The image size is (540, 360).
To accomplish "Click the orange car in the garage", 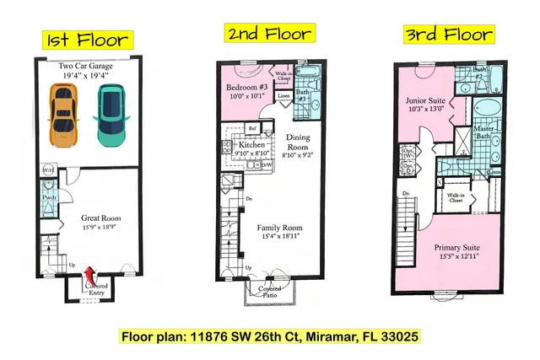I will pos(62,116).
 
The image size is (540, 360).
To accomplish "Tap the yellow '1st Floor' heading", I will pos(86,40).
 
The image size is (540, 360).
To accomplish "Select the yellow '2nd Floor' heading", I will pos(268,34).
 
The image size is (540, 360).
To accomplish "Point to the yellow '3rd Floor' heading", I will pos(448,35).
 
